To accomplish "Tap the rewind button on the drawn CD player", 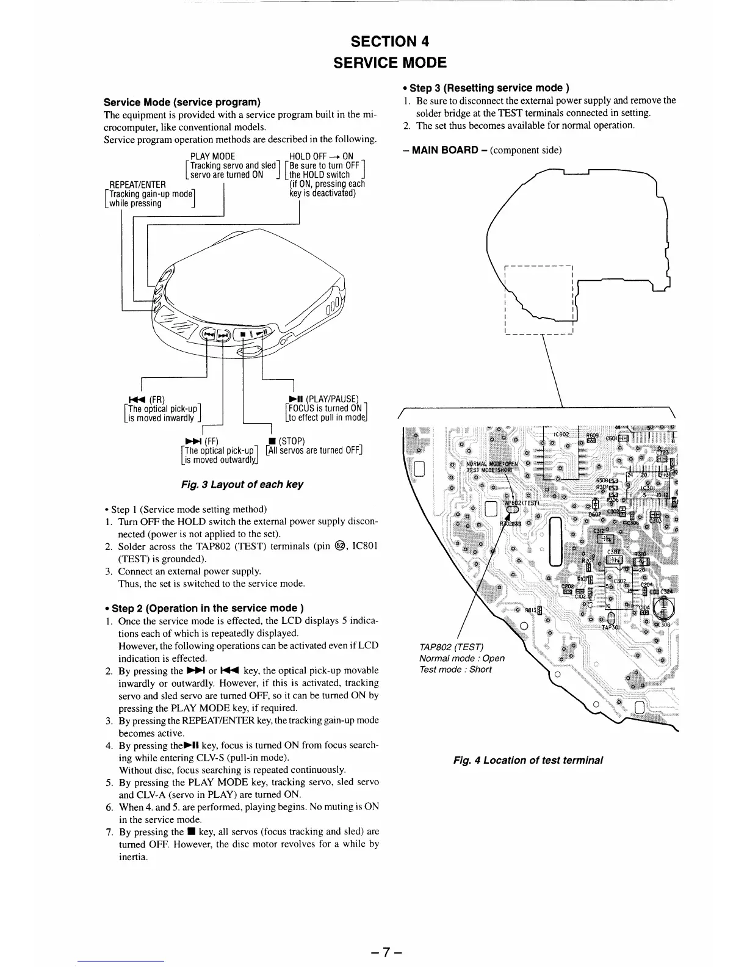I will pyautogui.click(x=209, y=335).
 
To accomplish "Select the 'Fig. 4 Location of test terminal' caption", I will pyautogui.click(x=527, y=760).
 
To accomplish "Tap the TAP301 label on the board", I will pyautogui.click(x=612, y=627).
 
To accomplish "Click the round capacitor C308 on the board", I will pyautogui.click(x=663, y=608).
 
